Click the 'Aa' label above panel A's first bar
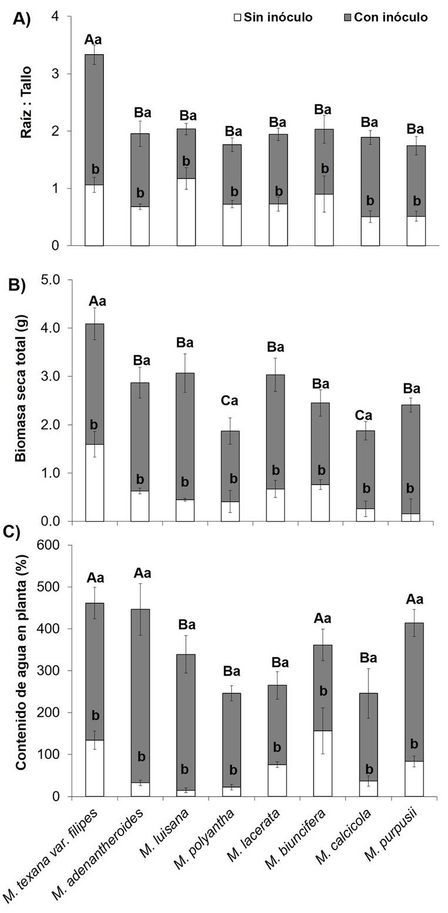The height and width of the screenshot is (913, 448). (x=93, y=40)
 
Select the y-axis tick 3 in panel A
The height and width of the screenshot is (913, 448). (x=55, y=73)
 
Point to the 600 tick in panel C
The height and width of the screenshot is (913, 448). (x=49, y=545)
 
